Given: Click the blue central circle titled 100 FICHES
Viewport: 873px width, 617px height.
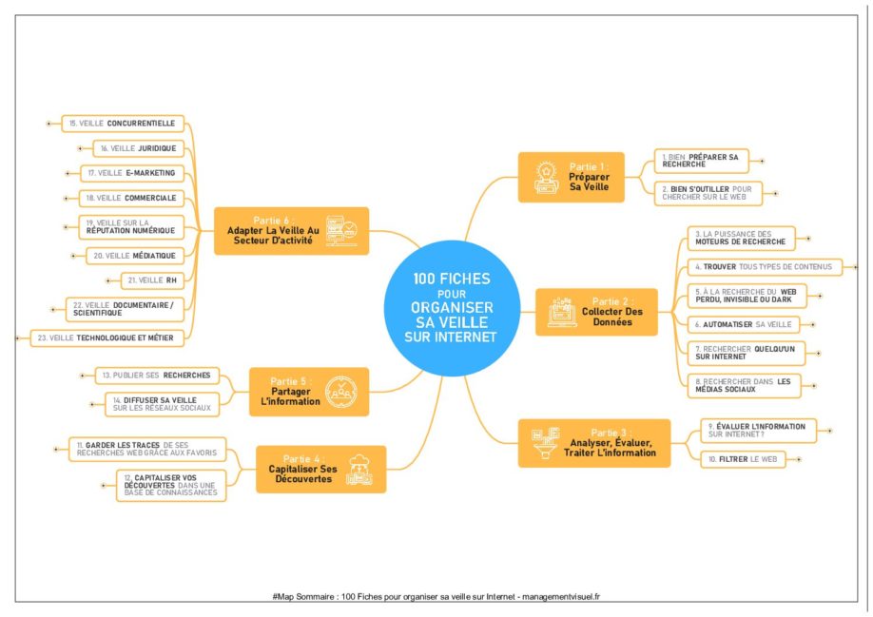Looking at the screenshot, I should (x=454, y=308).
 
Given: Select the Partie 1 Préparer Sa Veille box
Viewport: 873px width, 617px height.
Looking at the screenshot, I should (x=571, y=177).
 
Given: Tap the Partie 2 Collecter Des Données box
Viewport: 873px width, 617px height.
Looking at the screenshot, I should (x=596, y=312).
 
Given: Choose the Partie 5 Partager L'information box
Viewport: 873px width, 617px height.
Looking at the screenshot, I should (x=306, y=391).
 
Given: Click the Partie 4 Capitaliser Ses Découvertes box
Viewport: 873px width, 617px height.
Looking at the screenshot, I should (x=321, y=469).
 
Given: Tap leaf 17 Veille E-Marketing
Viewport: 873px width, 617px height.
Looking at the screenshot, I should (x=130, y=173).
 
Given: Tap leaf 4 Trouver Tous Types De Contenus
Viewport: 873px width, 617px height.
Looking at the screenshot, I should (x=761, y=267).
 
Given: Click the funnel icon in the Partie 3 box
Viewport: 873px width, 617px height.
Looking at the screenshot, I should (x=542, y=442).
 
